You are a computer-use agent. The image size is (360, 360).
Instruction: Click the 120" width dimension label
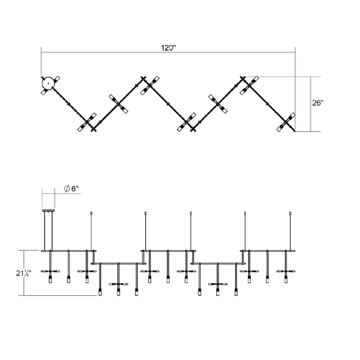[168, 48]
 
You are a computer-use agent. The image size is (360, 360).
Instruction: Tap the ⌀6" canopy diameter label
[71, 189]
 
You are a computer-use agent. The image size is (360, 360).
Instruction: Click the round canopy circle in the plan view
[48, 83]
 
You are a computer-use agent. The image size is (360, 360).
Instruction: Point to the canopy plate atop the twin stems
[48, 210]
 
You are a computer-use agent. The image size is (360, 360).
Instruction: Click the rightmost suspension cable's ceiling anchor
[290, 213]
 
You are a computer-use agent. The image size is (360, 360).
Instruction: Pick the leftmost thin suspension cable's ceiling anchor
[91, 213]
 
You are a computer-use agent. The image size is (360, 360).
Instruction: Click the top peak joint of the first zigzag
[144, 79]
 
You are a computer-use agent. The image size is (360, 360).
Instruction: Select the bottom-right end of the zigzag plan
[294, 131]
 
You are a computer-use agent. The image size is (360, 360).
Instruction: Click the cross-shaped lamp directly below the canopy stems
[50, 271]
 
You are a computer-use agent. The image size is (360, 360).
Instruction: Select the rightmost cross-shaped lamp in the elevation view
[286, 271]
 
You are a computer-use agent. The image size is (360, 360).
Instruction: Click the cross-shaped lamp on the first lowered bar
[118, 284]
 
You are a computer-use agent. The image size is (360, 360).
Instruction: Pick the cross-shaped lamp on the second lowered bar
[218, 284]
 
